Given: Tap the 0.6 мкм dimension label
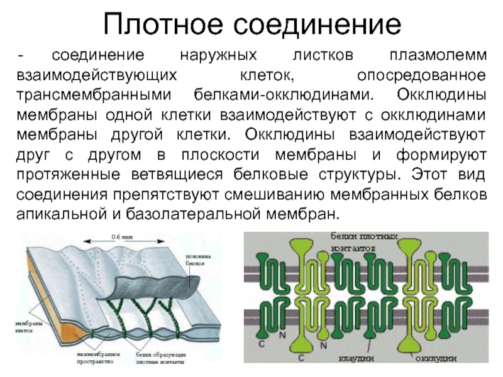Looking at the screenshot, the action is point(123,236).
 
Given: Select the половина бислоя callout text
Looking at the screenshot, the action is point(198,260).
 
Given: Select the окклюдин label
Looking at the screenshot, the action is point(438,356).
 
